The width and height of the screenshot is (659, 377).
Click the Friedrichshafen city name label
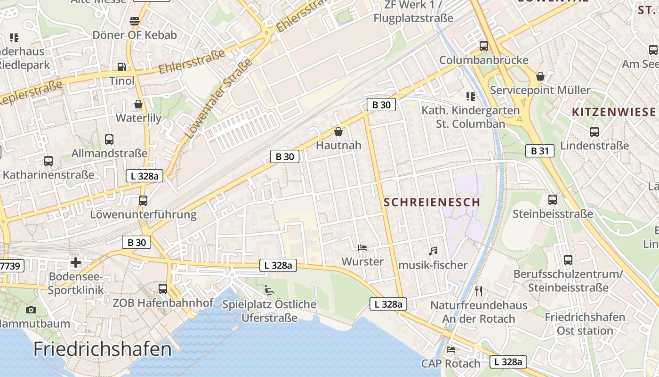click(x=103, y=349)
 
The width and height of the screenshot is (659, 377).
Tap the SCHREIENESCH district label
click(x=432, y=202)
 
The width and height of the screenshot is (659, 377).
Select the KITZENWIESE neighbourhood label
click(x=613, y=112)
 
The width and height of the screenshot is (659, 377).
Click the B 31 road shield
click(x=539, y=151)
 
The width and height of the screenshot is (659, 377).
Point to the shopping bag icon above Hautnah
click(x=338, y=131)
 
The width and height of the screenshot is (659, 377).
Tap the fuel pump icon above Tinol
click(x=121, y=67)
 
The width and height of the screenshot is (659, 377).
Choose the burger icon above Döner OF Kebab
click(x=135, y=21)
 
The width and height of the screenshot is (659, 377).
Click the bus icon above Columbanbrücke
click(x=483, y=46)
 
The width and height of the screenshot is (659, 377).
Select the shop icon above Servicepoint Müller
click(x=540, y=76)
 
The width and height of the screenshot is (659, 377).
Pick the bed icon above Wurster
click(x=362, y=247)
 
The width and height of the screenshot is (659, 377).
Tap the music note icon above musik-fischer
click(x=433, y=251)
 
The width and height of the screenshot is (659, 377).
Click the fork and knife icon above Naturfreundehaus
click(x=479, y=291)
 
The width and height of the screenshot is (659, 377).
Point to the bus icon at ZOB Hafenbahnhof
click(x=163, y=288)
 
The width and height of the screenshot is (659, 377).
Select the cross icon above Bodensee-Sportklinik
click(x=76, y=262)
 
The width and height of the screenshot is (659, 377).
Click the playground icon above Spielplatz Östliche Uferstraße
click(x=269, y=290)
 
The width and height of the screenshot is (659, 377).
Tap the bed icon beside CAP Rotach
click(x=450, y=350)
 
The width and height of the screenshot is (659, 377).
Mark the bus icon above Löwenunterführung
click(x=143, y=201)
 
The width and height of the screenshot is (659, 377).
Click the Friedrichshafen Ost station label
click(x=585, y=324)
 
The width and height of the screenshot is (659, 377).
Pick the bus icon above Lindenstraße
click(x=595, y=132)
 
